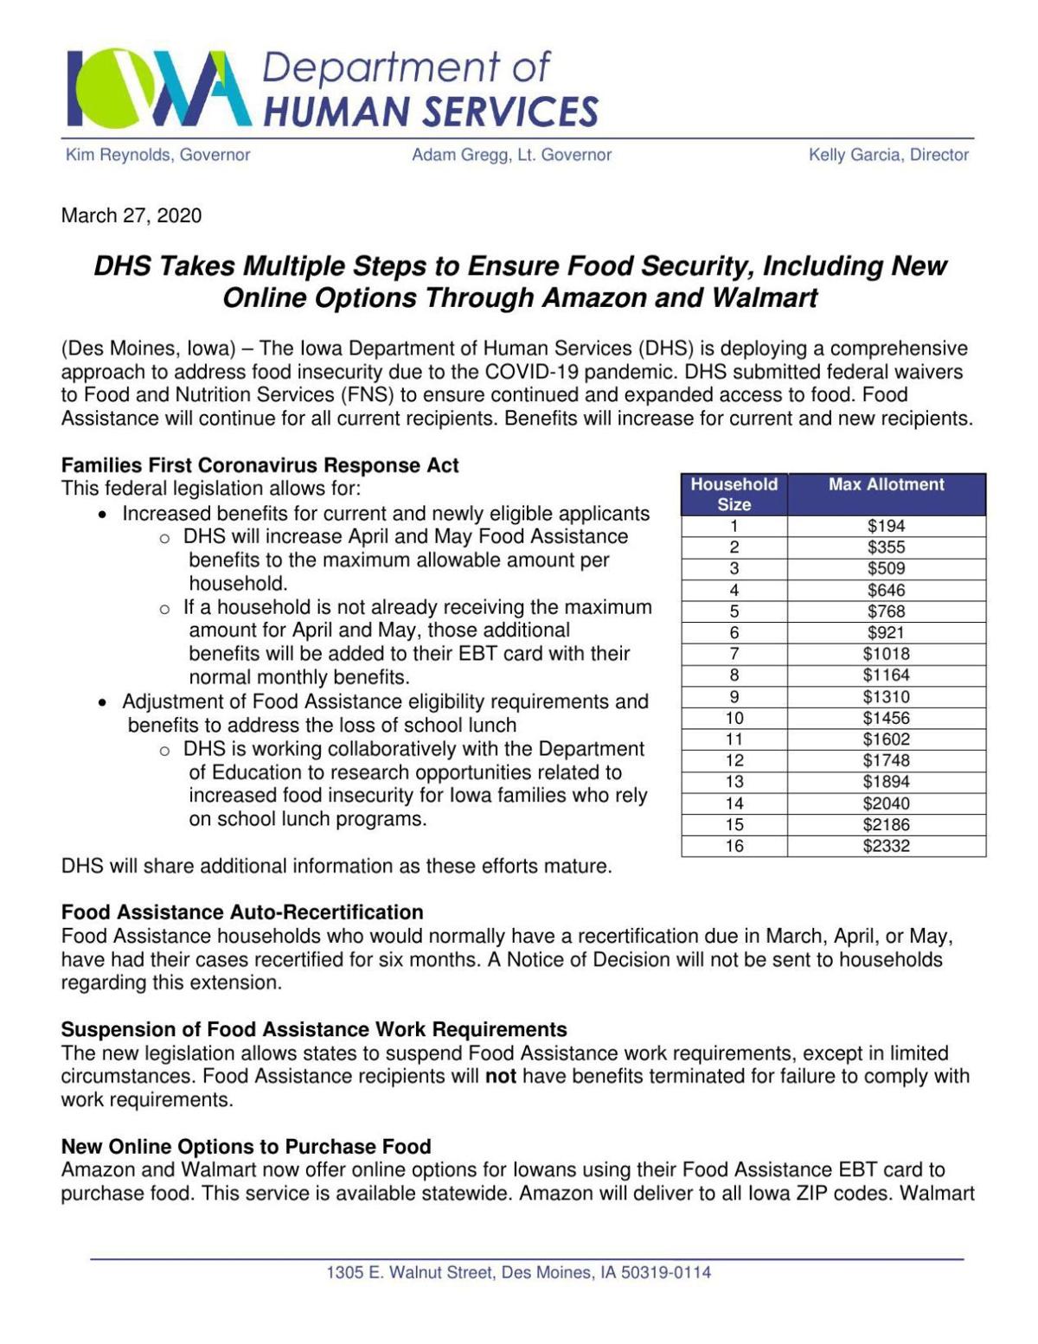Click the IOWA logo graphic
pyautogui.click(x=158, y=89)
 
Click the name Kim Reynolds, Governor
pyautogui.click(x=157, y=155)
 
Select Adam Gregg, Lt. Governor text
pyautogui.click(x=511, y=155)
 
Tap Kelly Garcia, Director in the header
pyautogui.click(x=888, y=155)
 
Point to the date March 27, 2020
pyautogui.click(x=131, y=215)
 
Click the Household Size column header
pyautogui.click(x=734, y=494)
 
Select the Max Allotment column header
pyautogui.click(x=886, y=484)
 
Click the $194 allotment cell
pyautogui.click(x=886, y=526)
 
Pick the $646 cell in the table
pyautogui.click(x=886, y=590)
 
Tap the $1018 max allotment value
pyautogui.click(x=886, y=654)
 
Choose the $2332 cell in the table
pyautogui.click(x=886, y=846)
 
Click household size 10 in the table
pyautogui.click(x=734, y=718)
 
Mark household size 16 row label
pyautogui.click(x=734, y=846)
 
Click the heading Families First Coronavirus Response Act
pyautogui.click(x=259, y=465)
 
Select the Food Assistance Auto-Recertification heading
pyautogui.click(x=242, y=912)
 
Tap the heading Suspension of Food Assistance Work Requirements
pyautogui.click(x=314, y=1029)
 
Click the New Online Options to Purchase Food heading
pyautogui.click(x=246, y=1147)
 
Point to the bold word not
pyautogui.click(x=501, y=1077)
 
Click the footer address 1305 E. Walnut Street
pyautogui.click(x=518, y=1272)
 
